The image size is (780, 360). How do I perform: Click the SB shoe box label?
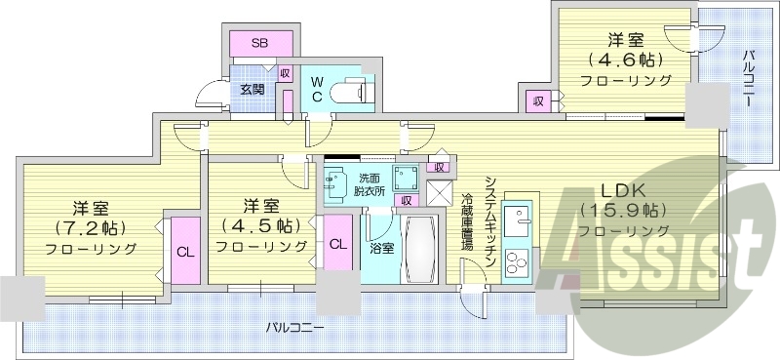(260, 43)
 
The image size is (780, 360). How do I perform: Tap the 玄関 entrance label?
(253, 89)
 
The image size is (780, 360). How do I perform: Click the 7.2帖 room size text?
(92, 227)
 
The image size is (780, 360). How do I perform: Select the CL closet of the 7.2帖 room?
(183, 250)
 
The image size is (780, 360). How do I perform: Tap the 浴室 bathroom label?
(381, 248)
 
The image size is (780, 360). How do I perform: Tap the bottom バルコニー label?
(294, 327)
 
